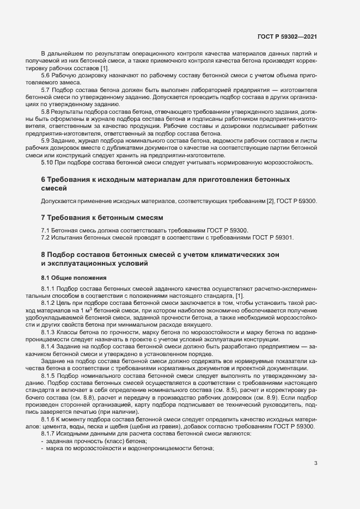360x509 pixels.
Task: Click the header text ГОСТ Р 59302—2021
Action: tap(288, 36)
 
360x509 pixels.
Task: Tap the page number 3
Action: tap(316, 464)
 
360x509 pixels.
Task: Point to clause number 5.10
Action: tap(47, 162)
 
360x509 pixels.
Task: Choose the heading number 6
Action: tap(44, 179)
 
